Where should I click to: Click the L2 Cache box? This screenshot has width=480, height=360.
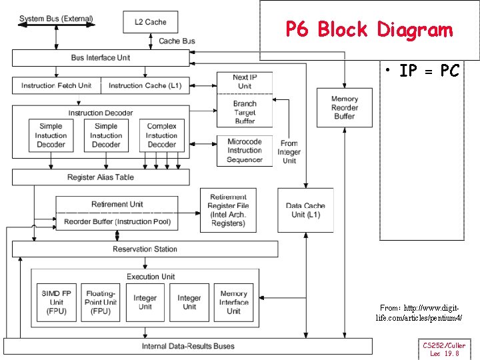tap(150, 22)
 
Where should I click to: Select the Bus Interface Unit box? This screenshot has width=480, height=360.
tap(101, 58)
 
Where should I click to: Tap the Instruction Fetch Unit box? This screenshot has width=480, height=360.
tap(57, 85)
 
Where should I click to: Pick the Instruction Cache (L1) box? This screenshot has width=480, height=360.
tap(145, 85)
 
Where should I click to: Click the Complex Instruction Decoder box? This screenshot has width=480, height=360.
tap(161, 135)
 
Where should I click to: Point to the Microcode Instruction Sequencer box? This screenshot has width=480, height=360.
tap(245, 151)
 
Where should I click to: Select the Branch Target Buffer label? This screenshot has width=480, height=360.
tap(245, 113)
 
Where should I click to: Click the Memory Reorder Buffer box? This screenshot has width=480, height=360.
tap(345, 107)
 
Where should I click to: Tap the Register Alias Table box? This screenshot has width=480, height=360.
tap(101, 177)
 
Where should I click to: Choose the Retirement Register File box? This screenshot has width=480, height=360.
tap(228, 210)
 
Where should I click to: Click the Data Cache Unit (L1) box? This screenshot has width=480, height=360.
tap(305, 210)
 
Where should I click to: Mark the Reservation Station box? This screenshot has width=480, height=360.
tap(145, 249)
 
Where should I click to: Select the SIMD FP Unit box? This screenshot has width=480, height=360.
tap(56, 303)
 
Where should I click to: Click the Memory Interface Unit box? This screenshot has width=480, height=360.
tap(233, 303)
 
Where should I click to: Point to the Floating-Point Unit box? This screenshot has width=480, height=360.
tap(101, 303)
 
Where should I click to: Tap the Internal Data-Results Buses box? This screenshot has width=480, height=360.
tap(188, 346)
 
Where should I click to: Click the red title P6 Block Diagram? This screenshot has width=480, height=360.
tap(369, 29)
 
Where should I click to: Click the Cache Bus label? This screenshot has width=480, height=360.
tap(177, 41)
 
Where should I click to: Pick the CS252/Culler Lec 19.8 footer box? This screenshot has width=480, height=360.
tap(444, 349)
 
